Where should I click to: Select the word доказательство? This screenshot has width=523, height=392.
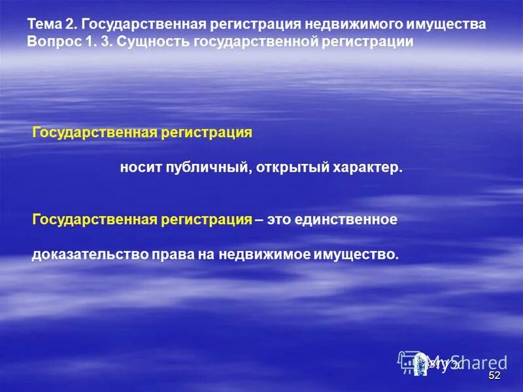(x=81, y=254)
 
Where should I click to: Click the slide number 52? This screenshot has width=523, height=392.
(x=494, y=376)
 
